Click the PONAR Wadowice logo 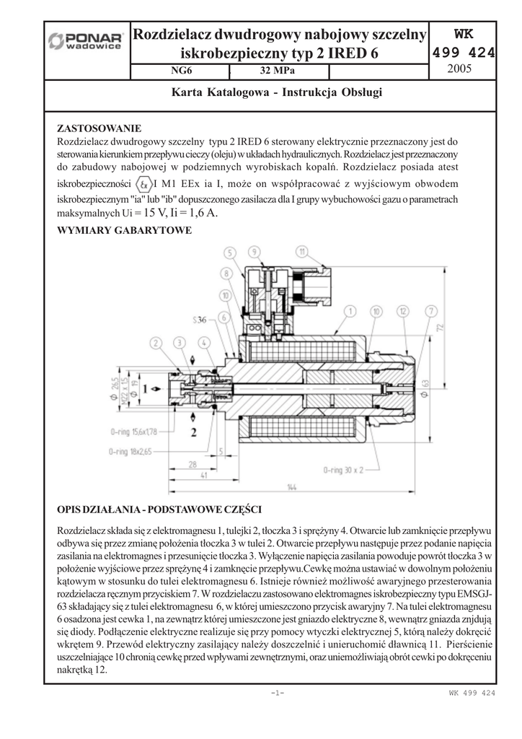click(x=85, y=41)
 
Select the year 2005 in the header click(x=460, y=69)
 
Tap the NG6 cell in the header click(x=181, y=71)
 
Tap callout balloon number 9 click(x=254, y=252)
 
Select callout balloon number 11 click(x=302, y=252)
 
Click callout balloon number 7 click(x=430, y=311)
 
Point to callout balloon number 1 click(x=350, y=311)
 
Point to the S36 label click(x=200, y=319)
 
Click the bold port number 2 click(x=193, y=432)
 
